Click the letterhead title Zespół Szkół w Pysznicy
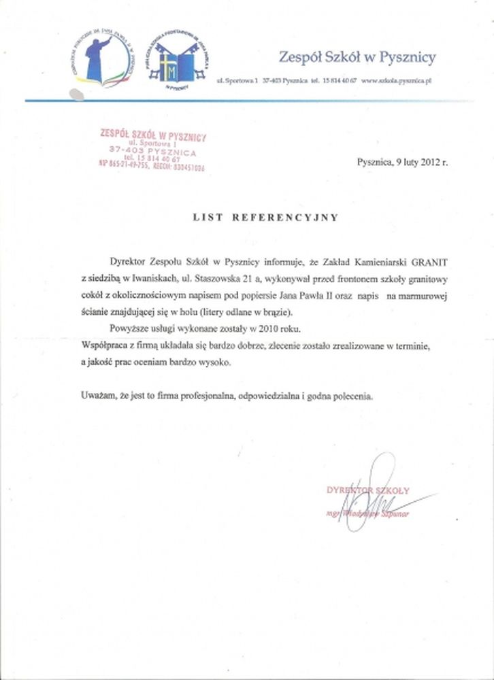(x=357, y=57)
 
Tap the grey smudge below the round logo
(x=76, y=95)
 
